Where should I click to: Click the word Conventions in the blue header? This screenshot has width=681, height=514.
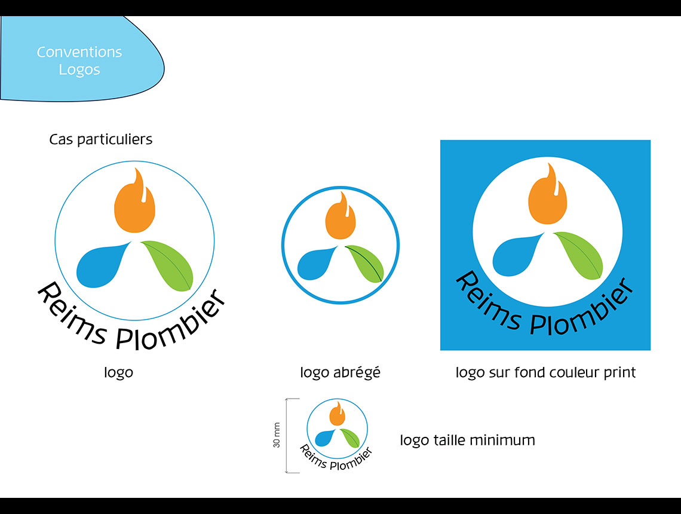(79, 52)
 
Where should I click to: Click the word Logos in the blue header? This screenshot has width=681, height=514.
(79, 69)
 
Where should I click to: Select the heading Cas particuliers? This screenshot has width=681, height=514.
(101, 139)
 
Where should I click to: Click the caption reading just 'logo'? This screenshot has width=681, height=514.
(118, 372)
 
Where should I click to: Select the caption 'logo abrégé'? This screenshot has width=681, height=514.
(340, 372)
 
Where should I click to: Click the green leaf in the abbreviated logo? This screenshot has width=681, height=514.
(365, 264)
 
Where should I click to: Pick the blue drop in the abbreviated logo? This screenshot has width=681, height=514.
(315, 264)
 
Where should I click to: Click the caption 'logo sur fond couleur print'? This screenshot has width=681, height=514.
(545, 372)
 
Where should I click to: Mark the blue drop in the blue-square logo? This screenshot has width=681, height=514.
(516, 255)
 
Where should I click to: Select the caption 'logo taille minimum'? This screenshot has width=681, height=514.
(467, 440)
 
